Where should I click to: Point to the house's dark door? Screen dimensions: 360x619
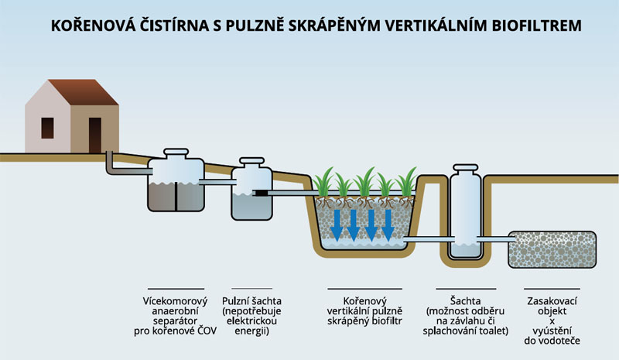click(x=95, y=134)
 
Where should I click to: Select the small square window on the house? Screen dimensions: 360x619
click(x=47, y=127)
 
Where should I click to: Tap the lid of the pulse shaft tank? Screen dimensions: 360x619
click(x=254, y=162)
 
